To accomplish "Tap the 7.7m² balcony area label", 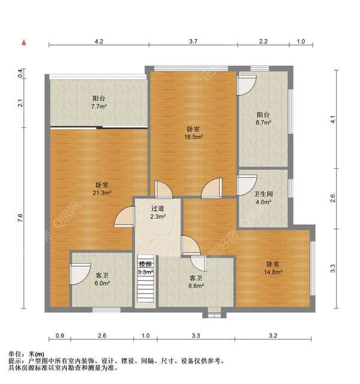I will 99,103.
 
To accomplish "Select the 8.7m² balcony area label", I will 263,118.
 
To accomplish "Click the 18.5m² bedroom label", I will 193,133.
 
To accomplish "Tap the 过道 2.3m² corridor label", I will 158,212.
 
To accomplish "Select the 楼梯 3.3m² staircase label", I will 146,268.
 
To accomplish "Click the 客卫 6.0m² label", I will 102,279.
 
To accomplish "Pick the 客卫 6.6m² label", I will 196,282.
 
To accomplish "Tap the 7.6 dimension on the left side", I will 20,220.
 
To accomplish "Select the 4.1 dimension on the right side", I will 334,119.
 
